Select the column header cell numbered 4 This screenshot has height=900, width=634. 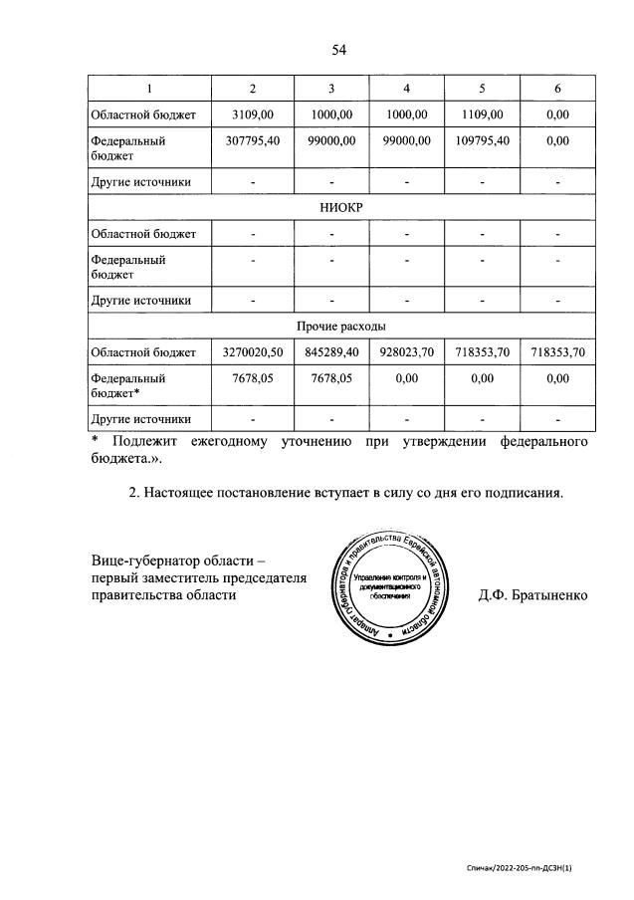pyautogui.click(x=406, y=90)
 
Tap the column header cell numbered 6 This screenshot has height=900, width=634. pyautogui.click(x=557, y=90)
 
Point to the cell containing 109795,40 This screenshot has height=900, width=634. pyautogui.click(x=482, y=141)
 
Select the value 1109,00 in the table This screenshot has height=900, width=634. pyautogui.click(x=482, y=115)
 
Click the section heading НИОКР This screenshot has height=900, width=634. pyautogui.click(x=340, y=209)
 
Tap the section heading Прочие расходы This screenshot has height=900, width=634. pyautogui.click(x=340, y=326)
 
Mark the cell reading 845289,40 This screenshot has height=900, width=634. pyautogui.click(x=330, y=352)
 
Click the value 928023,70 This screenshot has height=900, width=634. pyautogui.click(x=406, y=352)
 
